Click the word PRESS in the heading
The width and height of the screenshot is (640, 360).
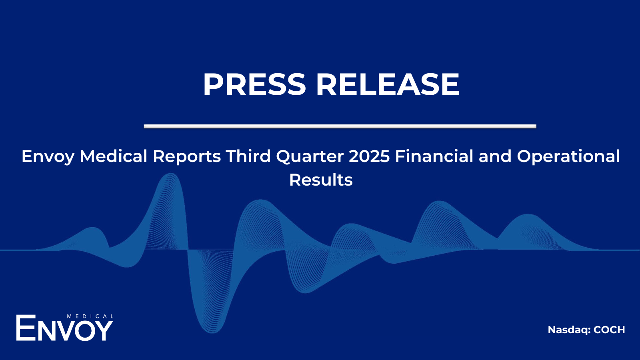click(254, 84)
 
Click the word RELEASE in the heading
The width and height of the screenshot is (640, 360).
click(388, 84)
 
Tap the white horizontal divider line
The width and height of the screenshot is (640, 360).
click(340, 126)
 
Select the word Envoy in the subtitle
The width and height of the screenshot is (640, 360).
click(48, 157)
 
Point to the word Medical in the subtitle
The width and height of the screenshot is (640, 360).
click(114, 156)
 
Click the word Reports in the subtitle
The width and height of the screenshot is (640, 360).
click(187, 157)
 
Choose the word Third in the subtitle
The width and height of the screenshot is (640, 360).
click(248, 156)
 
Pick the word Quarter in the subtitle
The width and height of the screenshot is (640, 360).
click(310, 156)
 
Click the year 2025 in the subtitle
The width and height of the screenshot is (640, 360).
click(370, 156)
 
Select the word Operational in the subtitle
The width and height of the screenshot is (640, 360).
click(568, 157)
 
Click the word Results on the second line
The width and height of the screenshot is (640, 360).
click(321, 180)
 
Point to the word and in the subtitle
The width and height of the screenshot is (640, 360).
click(495, 156)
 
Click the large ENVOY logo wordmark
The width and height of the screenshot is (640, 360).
click(64, 328)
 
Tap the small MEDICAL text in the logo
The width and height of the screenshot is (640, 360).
click(90, 316)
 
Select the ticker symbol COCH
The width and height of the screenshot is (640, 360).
click(609, 330)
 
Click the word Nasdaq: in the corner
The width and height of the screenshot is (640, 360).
click(569, 330)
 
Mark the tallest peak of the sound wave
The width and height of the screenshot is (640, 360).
click(171, 174)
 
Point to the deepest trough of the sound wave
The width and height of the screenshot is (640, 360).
click(212, 332)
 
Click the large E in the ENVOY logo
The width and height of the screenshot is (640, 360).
click(26, 328)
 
